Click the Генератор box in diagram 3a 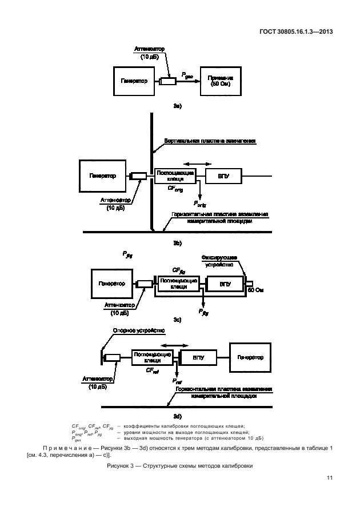(134, 81)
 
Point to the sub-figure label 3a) (177, 107)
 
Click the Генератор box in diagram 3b (102, 176)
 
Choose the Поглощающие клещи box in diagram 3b (175, 176)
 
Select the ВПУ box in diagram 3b (222, 176)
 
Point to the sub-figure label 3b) (177, 244)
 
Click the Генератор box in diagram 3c (111, 284)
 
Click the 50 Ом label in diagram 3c (255, 291)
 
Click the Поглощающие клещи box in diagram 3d (151, 358)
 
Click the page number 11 (330, 478)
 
